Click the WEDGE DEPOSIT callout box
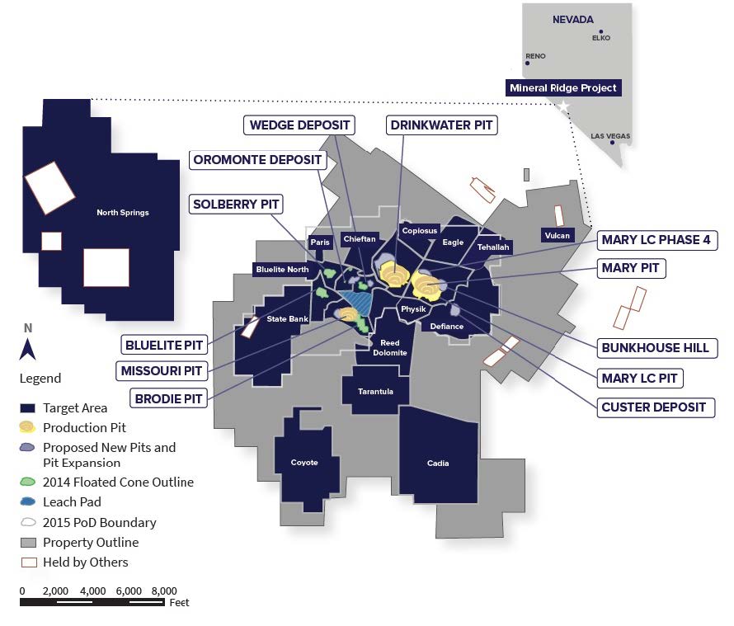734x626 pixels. point(299,125)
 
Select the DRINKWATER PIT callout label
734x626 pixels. point(441,125)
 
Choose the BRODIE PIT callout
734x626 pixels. point(163,398)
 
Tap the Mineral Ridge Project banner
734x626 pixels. point(563,87)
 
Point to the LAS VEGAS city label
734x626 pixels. point(610,135)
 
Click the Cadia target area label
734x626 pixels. point(438,463)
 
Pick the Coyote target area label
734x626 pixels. point(304,462)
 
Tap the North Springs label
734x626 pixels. point(122,213)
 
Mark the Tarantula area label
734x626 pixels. point(375,391)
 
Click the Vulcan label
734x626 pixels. point(557,235)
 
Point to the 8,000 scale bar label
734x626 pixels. point(164,591)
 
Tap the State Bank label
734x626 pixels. point(287,319)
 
